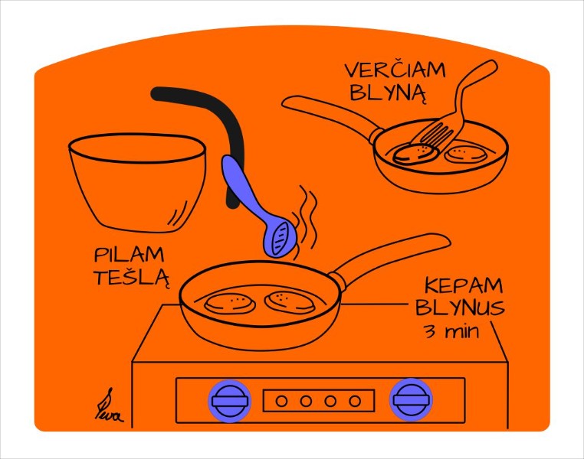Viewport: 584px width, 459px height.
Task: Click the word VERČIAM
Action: click(395, 70)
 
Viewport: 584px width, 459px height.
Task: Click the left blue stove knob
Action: click(229, 399)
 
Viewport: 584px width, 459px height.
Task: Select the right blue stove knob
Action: click(411, 399)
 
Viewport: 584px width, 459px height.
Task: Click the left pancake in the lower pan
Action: click(230, 301)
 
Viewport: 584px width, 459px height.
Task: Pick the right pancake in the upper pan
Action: click(467, 155)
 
